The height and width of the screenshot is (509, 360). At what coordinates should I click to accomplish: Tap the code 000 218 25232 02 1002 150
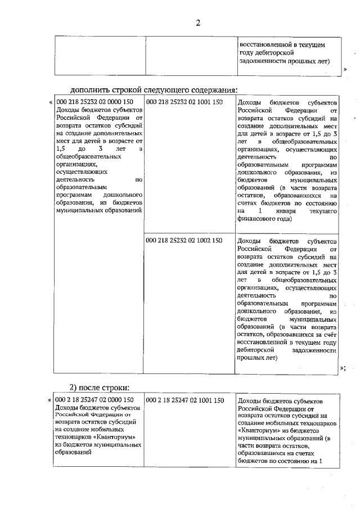pyautogui.click(x=184, y=240)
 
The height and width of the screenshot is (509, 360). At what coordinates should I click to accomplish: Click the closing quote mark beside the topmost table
pyautogui.click(x=344, y=69)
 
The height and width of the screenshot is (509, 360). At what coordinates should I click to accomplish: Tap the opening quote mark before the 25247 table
pyautogui.click(x=50, y=400)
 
